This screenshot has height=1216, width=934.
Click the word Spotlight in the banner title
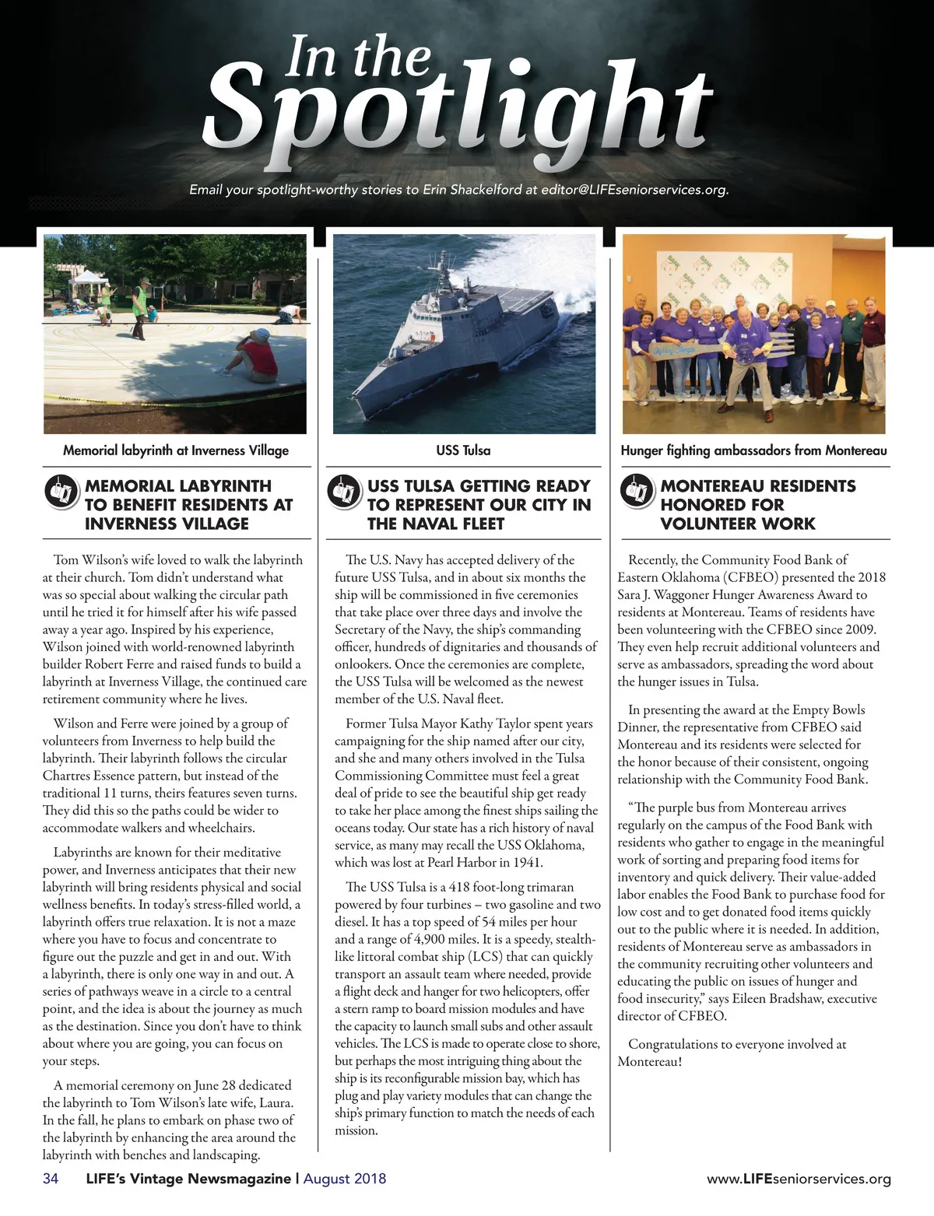(x=459, y=109)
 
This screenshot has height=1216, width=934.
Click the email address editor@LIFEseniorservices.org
(x=634, y=189)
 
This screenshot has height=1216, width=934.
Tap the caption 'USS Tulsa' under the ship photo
(x=463, y=450)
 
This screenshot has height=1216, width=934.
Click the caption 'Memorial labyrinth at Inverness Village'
(x=176, y=450)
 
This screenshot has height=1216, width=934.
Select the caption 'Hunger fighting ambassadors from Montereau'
(x=753, y=450)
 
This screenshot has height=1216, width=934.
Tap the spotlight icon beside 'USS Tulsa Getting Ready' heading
(x=344, y=492)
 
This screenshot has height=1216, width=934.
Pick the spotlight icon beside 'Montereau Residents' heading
(x=637, y=492)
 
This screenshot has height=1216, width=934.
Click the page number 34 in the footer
(x=51, y=1179)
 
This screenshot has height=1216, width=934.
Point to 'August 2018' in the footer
(x=345, y=1179)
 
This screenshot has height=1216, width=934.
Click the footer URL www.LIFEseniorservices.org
(x=799, y=1179)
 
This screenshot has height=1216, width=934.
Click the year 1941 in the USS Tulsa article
(x=526, y=862)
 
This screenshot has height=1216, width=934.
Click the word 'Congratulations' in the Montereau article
(x=675, y=1044)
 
